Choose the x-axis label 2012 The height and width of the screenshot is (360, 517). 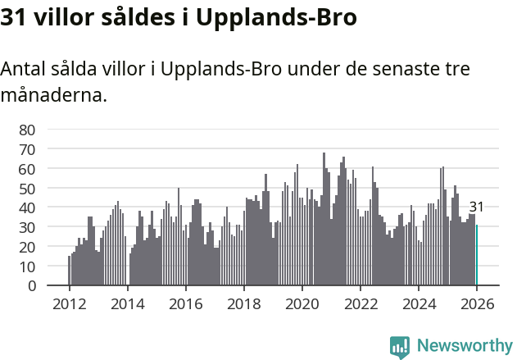(69, 303)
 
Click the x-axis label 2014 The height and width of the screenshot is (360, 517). (127, 303)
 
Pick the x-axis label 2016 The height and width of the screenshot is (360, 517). (185, 303)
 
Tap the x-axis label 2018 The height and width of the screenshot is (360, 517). (243, 303)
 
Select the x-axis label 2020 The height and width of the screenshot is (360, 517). (302, 303)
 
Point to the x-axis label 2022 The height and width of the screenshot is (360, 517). (360, 303)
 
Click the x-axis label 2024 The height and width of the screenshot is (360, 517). (418, 303)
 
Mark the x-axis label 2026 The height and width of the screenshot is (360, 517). (477, 303)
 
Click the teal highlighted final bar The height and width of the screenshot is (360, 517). (477, 256)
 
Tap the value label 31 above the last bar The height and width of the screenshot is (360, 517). (476, 207)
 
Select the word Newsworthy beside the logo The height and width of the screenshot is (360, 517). (464, 346)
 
